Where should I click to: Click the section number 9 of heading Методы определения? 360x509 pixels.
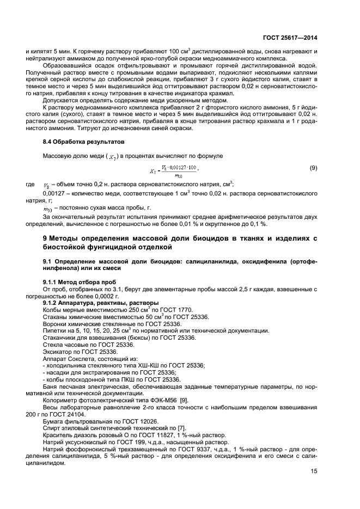click(x=45, y=239)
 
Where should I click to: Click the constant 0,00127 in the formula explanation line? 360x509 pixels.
click(x=55, y=193)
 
